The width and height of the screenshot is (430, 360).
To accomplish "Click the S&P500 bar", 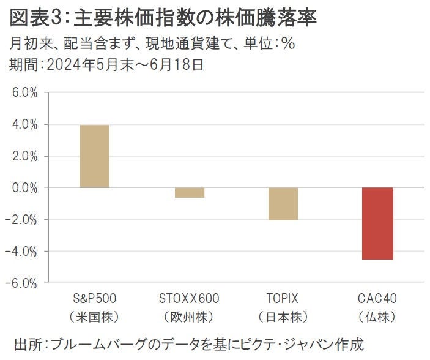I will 94,156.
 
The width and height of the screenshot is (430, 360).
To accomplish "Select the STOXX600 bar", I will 189,192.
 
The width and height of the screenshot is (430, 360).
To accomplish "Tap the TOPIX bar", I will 283,203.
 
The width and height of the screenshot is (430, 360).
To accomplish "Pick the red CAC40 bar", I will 377,223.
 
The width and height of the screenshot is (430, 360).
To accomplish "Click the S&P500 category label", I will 94,299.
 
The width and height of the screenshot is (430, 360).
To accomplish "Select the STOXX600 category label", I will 189,299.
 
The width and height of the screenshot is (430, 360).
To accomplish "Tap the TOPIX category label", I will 283,299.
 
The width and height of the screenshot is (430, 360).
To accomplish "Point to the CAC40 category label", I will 377,299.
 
